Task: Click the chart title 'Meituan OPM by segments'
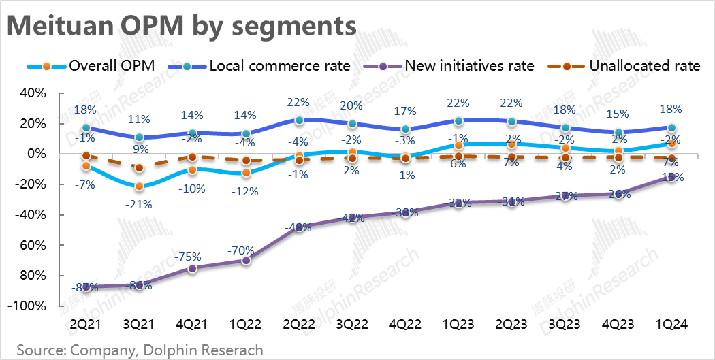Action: pos(181,27)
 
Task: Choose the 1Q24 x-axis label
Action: pos(671,325)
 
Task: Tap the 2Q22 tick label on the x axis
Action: pos(299,325)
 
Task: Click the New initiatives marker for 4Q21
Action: pos(193,268)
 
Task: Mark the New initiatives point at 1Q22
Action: pos(246,260)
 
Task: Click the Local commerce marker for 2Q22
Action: pos(299,120)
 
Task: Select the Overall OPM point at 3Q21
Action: pos(140,186)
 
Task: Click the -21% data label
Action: pos(140,203)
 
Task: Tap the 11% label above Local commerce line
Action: pos(140,119)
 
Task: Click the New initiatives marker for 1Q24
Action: pos(671,177)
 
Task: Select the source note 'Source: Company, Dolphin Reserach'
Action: pos(140,350)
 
